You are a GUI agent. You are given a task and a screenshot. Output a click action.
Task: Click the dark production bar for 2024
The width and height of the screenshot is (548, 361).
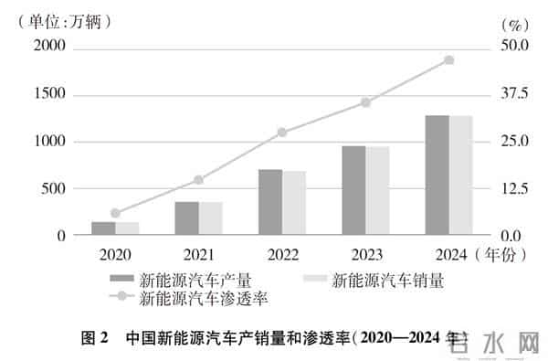437,175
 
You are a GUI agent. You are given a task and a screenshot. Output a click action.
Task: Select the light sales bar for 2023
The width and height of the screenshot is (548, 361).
377,191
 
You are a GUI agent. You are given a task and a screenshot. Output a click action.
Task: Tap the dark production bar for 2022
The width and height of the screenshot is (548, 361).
270,202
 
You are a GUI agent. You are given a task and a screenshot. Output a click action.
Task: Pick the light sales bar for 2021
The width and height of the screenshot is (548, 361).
211,218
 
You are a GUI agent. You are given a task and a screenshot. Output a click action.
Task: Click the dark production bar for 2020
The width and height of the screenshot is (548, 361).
103,228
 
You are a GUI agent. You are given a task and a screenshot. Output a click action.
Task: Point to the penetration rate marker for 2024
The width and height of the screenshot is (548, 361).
448,60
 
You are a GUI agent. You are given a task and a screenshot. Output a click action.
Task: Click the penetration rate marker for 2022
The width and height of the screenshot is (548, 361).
282,133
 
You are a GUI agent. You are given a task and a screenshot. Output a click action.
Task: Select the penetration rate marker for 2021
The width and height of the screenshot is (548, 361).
199,180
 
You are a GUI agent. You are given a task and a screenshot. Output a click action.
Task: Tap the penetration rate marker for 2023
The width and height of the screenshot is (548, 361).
365,102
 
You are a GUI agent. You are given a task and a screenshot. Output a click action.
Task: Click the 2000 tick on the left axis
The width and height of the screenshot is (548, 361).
48,47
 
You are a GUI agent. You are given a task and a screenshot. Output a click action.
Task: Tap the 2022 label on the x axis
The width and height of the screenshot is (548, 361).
282,253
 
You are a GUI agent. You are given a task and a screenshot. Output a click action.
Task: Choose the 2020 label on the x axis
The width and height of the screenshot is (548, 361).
115,253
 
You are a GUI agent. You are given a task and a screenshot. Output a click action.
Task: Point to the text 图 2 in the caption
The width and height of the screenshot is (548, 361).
95,337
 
